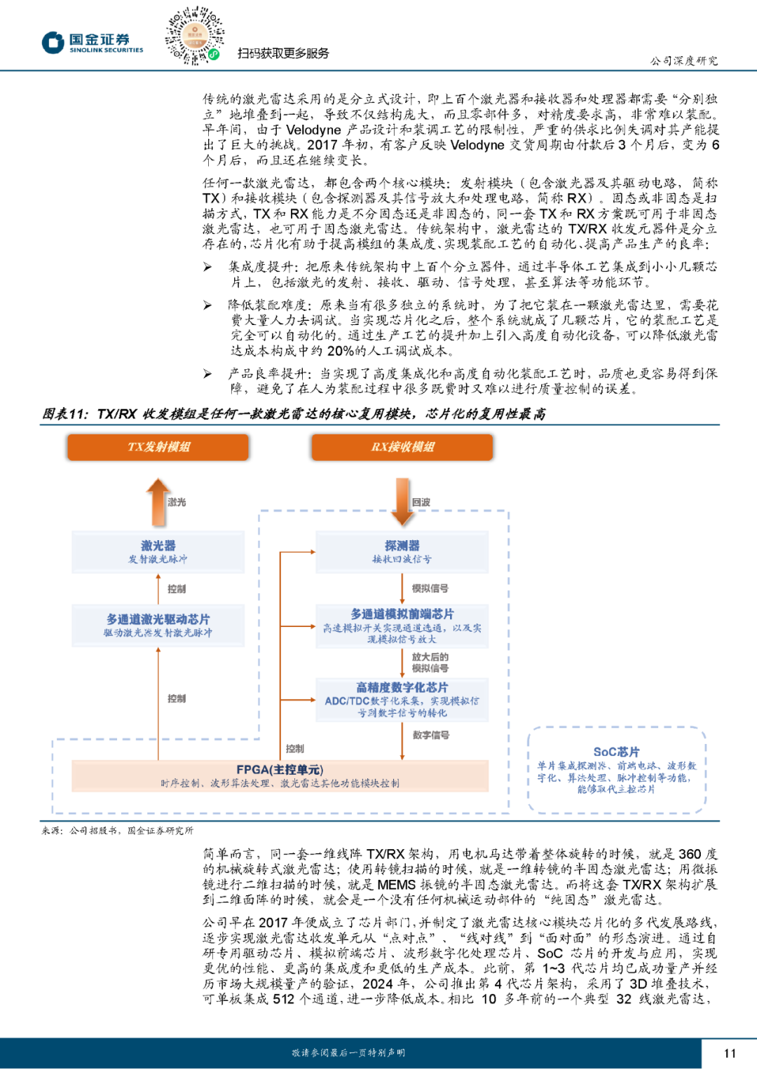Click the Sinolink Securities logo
tap(92, 43)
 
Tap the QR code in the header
tap(193, 35)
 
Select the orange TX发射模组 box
tap(158, 447)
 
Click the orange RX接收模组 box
tap(402, 447)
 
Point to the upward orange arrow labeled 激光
tap(158, 502)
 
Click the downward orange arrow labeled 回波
tap(402, 502)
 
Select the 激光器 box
tap(158, 551)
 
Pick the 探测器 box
tap(402, 551)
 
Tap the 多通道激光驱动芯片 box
tap(158, 625)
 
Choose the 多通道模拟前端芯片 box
tap(402, 625)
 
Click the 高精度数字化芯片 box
tap(402, 699)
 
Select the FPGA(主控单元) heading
tap(280, 769)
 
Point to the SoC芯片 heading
tap(616, 752)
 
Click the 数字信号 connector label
tap(430, 735)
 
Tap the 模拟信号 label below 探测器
tap(430, 588)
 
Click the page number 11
tap(730, 1053)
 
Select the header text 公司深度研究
tap(683, 61)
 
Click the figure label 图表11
tap(65, 414)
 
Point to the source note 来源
tap(52, 830)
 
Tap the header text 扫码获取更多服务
tap(283, 53)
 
